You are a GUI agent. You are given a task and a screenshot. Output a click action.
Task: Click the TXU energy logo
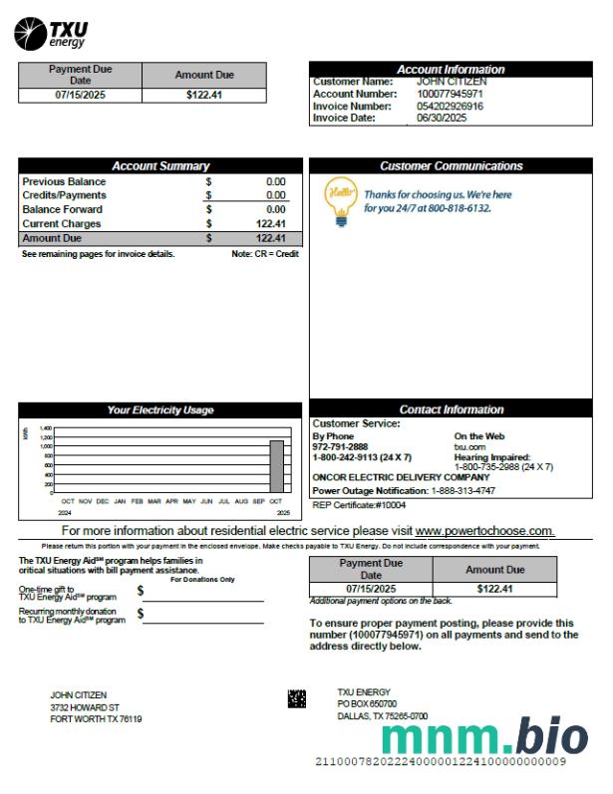[x=51, y=34]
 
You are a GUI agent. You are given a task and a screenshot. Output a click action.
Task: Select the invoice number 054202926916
[x=450, y=106]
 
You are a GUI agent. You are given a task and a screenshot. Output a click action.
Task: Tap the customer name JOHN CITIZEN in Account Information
[x=452, y=82]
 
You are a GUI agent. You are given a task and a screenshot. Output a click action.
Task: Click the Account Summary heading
[x=159, y=166]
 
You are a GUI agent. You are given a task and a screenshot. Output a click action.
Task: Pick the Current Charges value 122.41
[x=270, y=224]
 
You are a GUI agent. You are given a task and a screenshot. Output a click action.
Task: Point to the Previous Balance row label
[x=64, y=182]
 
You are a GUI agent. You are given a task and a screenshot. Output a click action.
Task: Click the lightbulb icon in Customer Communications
[x=338, y=199]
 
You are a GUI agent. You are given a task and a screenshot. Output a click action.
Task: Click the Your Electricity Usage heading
[x=159, y=410]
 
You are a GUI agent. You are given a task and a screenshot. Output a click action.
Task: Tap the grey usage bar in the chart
[x=276, y=467]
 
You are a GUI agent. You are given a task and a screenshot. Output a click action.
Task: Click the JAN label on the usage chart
[x=120, y=501]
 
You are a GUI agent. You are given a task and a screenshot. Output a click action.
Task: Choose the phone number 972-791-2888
[x=340, y=447]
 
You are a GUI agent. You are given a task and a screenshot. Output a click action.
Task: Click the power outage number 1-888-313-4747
[x=473, y=491]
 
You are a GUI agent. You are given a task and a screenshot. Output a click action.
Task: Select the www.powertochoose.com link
[x=484, y=531]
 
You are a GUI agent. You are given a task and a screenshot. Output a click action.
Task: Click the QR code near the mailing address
[x=297, y=698]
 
